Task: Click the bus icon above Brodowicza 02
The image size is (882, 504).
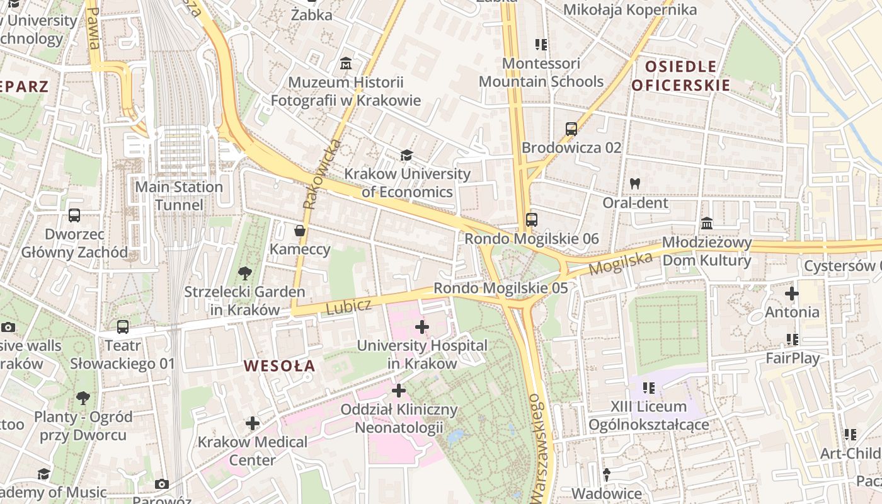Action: (x=571, y=129)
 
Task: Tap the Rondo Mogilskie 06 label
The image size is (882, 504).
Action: (x=532, y=239)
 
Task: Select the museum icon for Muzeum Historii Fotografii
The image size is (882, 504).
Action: (x=346, y=64)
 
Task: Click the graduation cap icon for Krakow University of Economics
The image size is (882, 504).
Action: (x=407, y=155)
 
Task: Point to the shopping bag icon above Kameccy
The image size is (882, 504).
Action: (x=300, y=231)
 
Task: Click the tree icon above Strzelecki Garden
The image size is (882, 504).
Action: (x=244, y=273)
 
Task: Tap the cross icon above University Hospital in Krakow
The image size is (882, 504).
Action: (x=422, y=327)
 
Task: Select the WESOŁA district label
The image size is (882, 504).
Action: (x=279, y=366)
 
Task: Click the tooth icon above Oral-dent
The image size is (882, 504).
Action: (x=635, y=184)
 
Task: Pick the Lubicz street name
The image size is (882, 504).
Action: (x=349, y=306)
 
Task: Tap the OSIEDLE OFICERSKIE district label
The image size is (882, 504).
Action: (x=680, y=76)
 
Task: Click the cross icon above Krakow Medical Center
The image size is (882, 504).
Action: (x=253, y=423)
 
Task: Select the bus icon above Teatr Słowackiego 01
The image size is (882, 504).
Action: (x=123, y=327)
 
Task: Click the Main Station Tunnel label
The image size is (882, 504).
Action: (x=180, y=196)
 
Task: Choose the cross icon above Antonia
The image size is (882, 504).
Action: (x=792, y=294)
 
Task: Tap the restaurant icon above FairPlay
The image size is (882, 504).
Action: (x=792, y=340)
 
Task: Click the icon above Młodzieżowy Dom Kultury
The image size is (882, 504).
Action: (x=707, y=224)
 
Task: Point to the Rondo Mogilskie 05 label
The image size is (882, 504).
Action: (x=501, y=288)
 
